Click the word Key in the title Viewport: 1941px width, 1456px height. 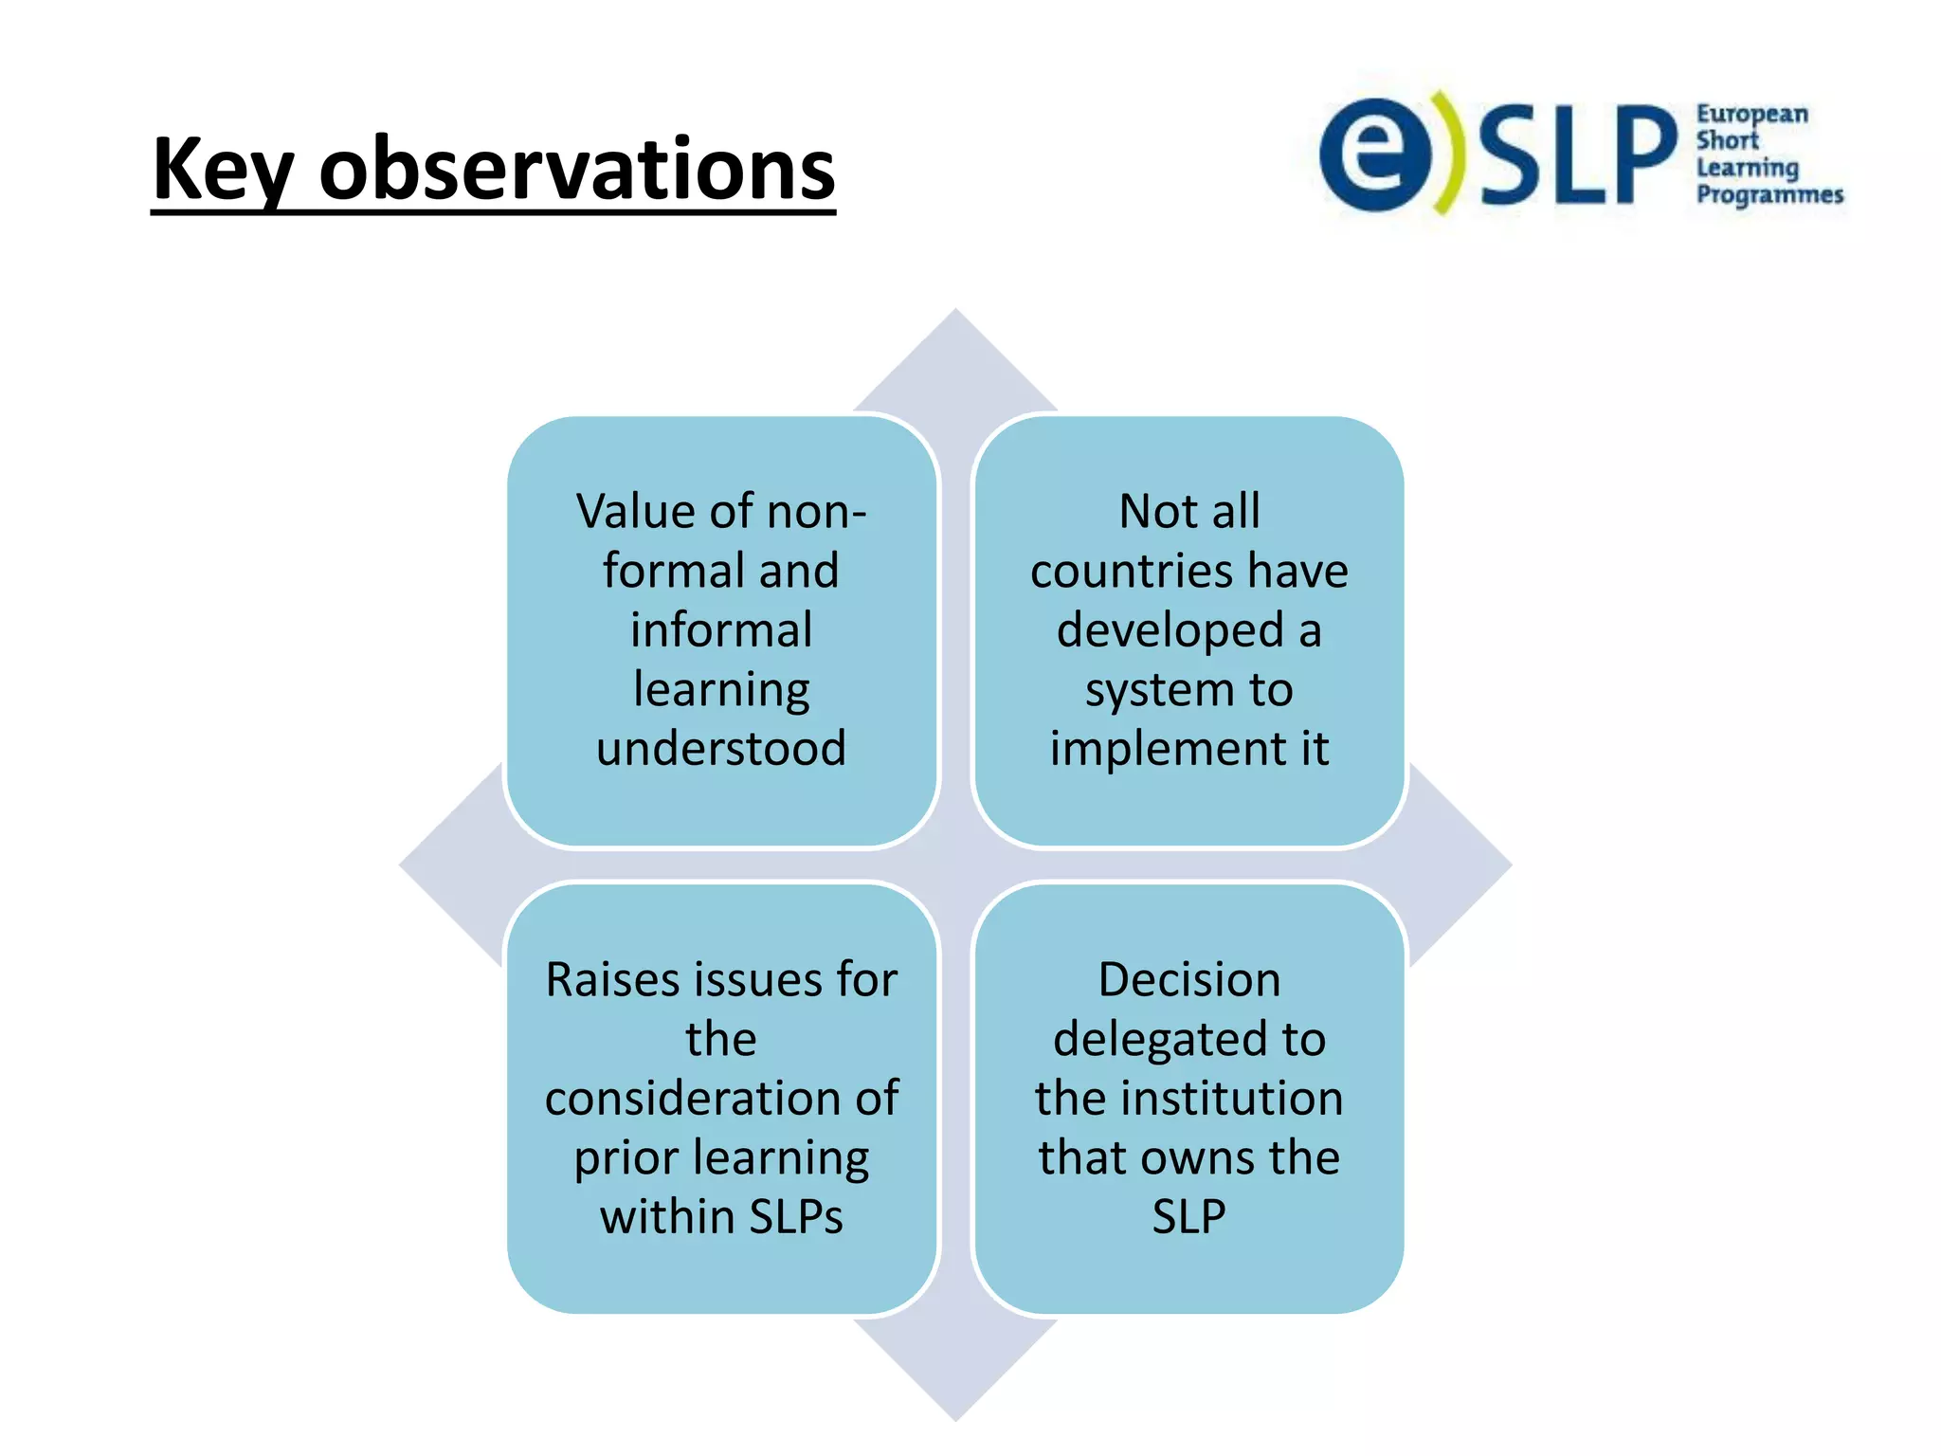point(222,171)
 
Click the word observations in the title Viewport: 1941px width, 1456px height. point(576,171)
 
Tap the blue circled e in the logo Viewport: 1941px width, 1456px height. point(1375,155)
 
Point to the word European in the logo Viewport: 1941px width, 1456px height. point(1751,115)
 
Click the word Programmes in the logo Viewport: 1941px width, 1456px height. point(1769,195)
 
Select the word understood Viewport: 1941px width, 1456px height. point(721,749)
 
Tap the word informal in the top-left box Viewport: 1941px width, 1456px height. point(721,630)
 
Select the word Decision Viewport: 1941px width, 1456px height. point(1189,980)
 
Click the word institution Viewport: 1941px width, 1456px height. point(1232,1099)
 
